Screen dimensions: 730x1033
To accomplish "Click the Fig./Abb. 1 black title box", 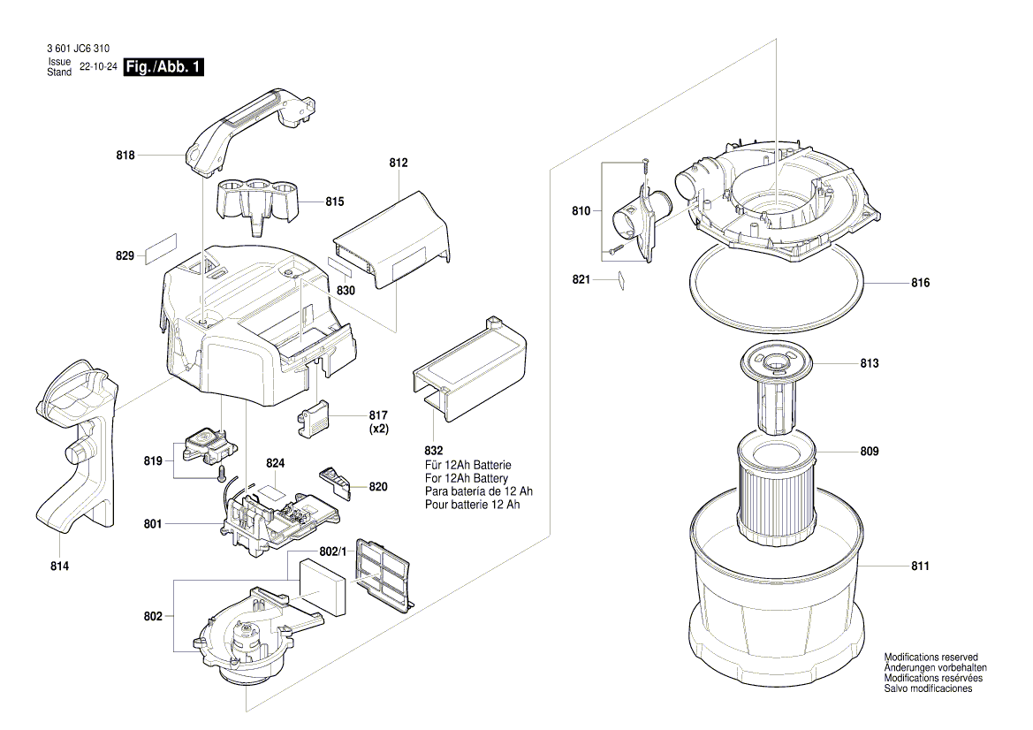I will [x=164, y=67].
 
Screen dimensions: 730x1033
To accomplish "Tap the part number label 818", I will [x=125, y=156].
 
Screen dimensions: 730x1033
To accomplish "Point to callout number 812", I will [x=398, y=163].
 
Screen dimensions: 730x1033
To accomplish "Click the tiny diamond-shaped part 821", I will [x=621, y=279].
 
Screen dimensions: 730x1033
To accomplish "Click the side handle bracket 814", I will [x=78, y=451].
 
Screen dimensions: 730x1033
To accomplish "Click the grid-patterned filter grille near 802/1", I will [x=383, y=572].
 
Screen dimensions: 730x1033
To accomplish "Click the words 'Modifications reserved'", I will [x=930, y=658].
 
